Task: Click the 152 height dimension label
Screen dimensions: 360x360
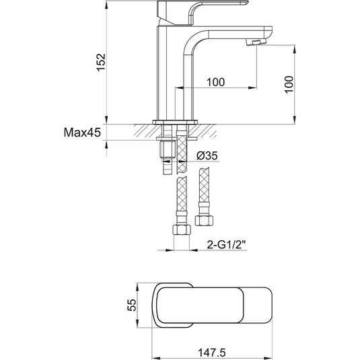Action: [101, 62]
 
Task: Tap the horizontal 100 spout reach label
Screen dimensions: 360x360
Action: [215, 82]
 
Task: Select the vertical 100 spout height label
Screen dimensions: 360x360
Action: [289, 84]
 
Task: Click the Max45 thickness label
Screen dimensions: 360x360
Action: [82, 133]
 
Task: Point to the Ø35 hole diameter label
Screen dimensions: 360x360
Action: [207, 156]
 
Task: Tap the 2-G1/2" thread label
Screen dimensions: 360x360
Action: [226, 245]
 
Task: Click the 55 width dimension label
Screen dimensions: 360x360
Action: [132, 305]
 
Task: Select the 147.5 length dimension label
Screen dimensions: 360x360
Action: [212, 353]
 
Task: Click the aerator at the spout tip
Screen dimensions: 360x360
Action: [255, 42]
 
